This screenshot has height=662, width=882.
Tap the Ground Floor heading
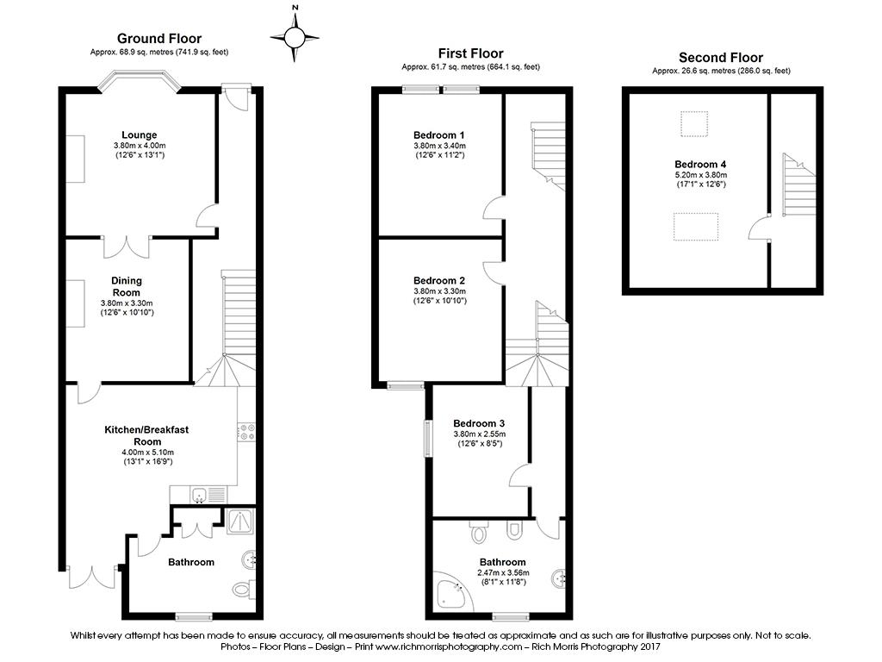point(159,38)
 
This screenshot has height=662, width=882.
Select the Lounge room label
point(139,135)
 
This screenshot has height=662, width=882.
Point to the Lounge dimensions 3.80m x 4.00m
point(140,145)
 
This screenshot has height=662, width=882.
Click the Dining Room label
point(127,286)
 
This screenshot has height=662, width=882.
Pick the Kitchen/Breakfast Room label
point(146,435)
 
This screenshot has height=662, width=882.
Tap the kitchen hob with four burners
point(247,432)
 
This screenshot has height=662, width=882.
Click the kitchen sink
point(199,496)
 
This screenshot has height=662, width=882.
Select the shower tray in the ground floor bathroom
point(241,521)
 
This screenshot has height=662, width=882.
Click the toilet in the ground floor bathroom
point(244,589)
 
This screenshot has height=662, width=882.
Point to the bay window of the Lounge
point(140,80)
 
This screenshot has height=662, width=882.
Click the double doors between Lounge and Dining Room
point(127,246)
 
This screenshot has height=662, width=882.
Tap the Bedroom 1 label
point(438,135)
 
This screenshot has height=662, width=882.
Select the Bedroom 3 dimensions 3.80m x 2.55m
point(479,434)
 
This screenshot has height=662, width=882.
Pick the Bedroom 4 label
point(700,165)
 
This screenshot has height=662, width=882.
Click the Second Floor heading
point(721,58)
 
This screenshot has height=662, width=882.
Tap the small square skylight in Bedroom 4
point(693,124)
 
